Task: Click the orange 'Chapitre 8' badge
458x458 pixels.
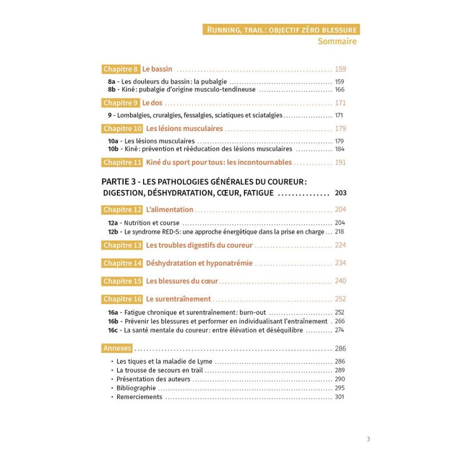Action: coord(121,69)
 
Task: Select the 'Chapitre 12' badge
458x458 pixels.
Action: coord(123,210)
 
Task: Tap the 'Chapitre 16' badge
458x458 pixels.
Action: coord(123,299)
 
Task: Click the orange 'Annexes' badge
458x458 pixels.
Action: coord(117,348)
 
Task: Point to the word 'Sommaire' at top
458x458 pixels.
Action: coord(337,41)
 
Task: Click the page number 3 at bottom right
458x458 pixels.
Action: coord(368,439)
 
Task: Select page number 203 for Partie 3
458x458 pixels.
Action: coord(340,193)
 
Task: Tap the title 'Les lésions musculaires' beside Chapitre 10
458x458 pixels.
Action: coord(184,128)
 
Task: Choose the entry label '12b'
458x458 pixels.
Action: coord(113,232)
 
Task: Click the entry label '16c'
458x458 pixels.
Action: coord(113,330)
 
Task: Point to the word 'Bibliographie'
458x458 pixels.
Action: coord(136,388)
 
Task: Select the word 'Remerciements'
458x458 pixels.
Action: coord(139,397)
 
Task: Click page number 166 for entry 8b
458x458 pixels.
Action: coord(339,90)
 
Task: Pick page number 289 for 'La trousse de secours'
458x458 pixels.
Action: coord(339,370)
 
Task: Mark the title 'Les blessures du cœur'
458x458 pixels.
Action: coord(183,281)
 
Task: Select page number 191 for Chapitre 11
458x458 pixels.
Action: coord(340,163)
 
